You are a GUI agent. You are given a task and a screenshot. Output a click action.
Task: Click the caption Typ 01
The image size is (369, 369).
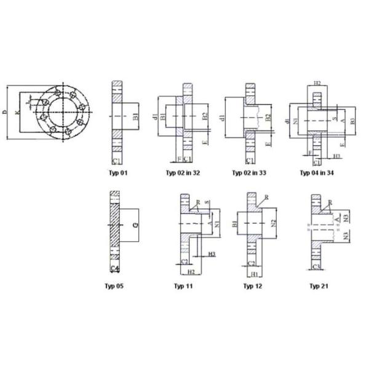(x=119, y=173)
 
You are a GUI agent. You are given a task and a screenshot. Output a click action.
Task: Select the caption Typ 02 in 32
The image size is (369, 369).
(x=183, y=173)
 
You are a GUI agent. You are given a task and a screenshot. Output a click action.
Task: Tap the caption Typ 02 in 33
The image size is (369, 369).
(x=249, y=173)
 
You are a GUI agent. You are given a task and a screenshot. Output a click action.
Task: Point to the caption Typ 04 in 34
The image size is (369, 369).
(x=317, y=173)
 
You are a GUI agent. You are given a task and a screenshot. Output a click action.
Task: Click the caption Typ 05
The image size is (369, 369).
(x=114, y=286)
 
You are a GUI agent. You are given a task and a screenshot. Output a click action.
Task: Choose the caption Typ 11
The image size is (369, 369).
(x=183, y=286)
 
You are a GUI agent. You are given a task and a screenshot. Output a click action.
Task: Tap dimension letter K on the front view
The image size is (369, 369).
(x=17, y=113)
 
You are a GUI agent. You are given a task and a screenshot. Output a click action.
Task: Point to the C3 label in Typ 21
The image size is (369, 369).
(x=317, y=267)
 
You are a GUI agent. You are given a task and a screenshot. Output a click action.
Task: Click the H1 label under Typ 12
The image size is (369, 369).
(x=253, y=273)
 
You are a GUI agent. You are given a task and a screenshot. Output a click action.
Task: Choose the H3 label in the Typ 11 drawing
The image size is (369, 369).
(x=211, y=254)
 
